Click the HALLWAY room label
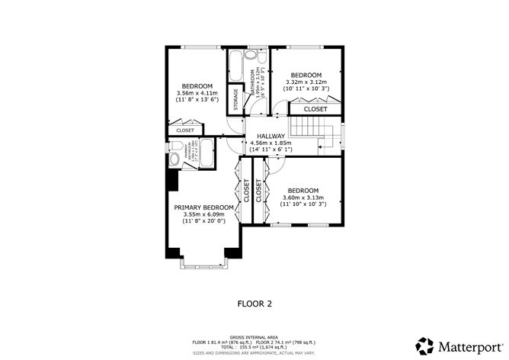tap(271, 135)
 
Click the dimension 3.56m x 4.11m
tap(197, 93)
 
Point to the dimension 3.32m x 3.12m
tap(306, 82)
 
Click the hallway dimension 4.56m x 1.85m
tap(271, 143)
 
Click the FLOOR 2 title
tap(254, 303)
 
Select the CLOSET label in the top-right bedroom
tap(315, 110)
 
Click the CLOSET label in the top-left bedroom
tap(185, 130)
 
